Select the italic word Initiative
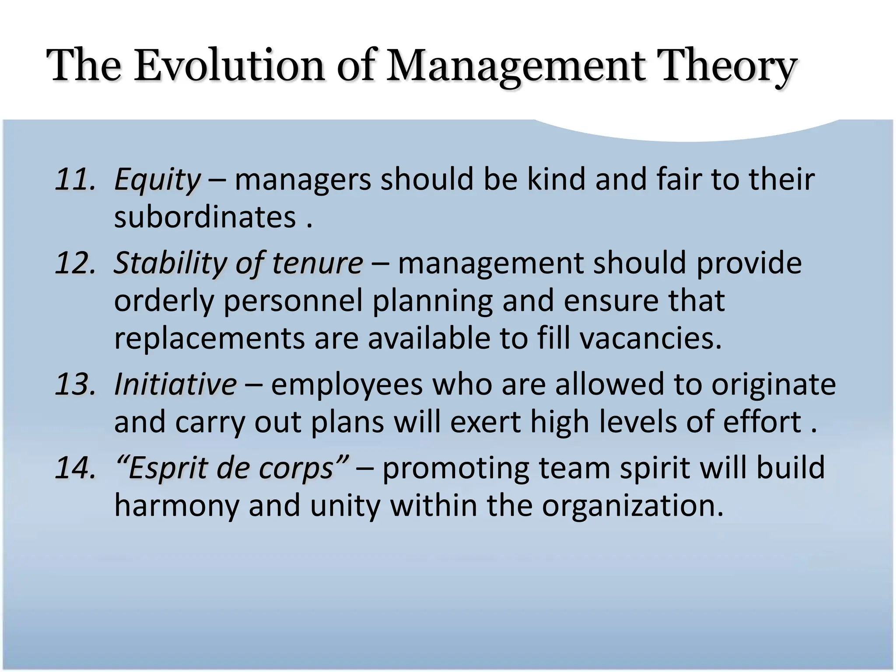point(175,385)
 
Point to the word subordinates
point(205,217)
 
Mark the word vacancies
point(651,339)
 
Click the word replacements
point(209,339)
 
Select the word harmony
point(177,506)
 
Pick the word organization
point(633,506)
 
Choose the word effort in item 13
point(762,422)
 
